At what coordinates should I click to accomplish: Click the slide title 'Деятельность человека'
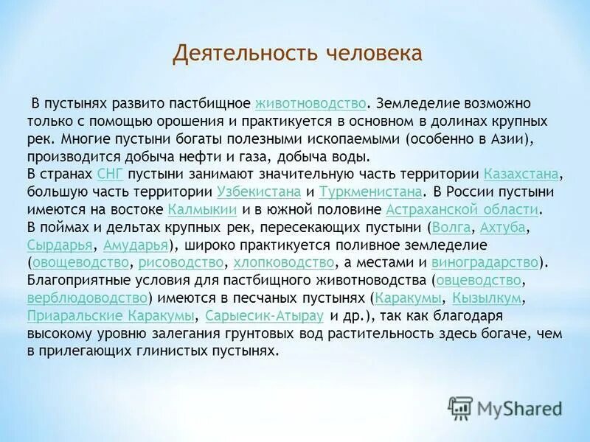(297, 55)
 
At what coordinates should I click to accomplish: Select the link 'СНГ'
(109, 174)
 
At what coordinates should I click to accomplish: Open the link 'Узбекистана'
(259, 192)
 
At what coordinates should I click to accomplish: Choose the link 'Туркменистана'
(371, 192)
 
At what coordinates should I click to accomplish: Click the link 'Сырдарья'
(59, 245)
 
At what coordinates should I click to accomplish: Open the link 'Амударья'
(136, 245)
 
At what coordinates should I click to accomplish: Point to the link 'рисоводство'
(181, 262)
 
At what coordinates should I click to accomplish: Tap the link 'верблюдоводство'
(86, 298)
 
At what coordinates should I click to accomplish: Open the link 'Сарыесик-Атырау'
(265, 315)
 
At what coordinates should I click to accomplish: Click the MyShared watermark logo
(505, 407)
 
